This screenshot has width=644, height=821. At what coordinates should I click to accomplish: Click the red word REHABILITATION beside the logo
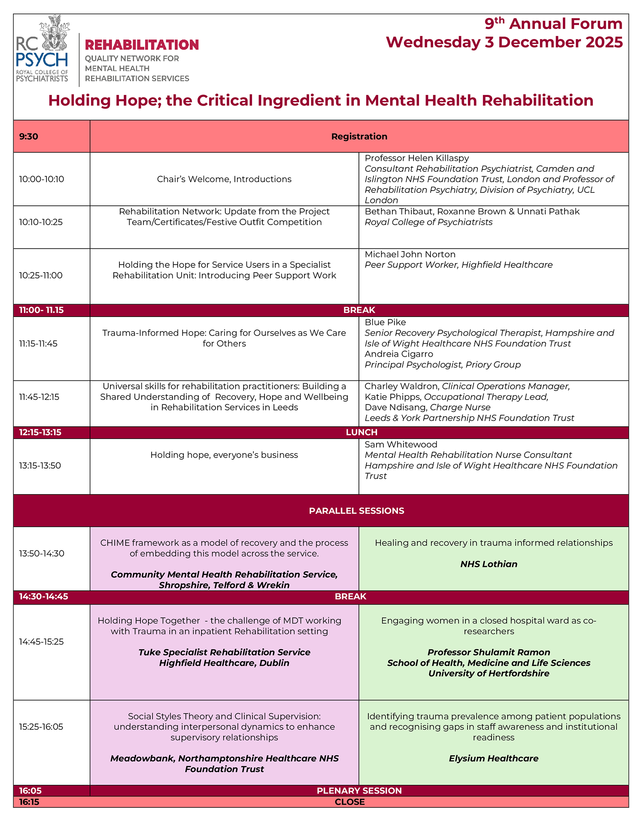pos(142,45)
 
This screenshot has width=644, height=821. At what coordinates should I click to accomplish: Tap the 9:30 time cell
pos(29,137)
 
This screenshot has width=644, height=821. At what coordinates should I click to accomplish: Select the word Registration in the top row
pos(359,137)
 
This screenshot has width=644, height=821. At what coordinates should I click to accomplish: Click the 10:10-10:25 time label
pos(41,222)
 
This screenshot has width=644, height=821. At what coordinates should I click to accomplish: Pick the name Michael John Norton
pos(410,254)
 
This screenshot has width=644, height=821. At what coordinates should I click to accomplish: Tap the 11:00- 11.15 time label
pos(41,310)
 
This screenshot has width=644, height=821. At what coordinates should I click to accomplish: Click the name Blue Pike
pos(385,322)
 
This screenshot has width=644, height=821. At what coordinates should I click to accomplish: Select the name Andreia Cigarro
pos(399,354)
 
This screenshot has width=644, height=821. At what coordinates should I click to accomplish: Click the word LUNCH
pos(361,432)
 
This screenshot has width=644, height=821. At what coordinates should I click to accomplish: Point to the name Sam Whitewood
pos(401,444)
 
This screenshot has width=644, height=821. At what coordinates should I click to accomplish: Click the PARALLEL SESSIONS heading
pos(356,511)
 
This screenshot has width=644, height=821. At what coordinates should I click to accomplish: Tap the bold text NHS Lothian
pos(489,564)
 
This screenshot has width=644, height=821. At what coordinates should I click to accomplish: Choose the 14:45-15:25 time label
pos(41,642)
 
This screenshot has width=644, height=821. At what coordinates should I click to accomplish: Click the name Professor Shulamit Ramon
pos(489,652)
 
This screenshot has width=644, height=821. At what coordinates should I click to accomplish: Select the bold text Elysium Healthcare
pos(493,758)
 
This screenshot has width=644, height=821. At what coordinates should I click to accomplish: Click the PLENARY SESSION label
pos(359,791)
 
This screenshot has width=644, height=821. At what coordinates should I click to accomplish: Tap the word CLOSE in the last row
pos(349,802)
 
